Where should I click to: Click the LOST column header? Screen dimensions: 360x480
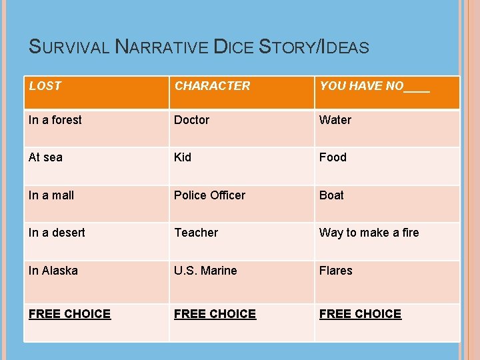(45, 86)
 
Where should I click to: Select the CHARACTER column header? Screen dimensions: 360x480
(212, 86)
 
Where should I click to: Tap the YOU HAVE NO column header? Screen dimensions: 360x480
(375, 86)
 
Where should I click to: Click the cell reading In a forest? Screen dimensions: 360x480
(55, 120)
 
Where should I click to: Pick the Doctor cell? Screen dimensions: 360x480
(191, 120)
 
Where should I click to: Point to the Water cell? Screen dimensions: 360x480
(335, 120)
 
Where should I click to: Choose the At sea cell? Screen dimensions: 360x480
(45, 157)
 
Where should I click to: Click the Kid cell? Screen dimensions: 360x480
(183, 157)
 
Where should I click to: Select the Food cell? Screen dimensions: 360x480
(333, 157)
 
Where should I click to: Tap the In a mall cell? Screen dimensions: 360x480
(51, 195)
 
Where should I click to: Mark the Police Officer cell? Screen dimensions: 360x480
(209, 195)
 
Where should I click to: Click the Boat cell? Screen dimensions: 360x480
(331, 195)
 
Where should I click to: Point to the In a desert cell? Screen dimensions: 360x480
(57, 233)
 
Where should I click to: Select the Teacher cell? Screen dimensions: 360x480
(196, 233)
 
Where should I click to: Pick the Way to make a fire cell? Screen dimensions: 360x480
(369, 233)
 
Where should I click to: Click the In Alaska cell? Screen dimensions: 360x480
(53, 271)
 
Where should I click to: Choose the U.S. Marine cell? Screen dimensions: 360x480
(205, 271)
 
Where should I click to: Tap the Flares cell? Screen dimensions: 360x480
(336, 271)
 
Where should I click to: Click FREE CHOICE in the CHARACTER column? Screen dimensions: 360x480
(215, 314)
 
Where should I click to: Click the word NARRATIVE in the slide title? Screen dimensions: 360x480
(161, 47)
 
